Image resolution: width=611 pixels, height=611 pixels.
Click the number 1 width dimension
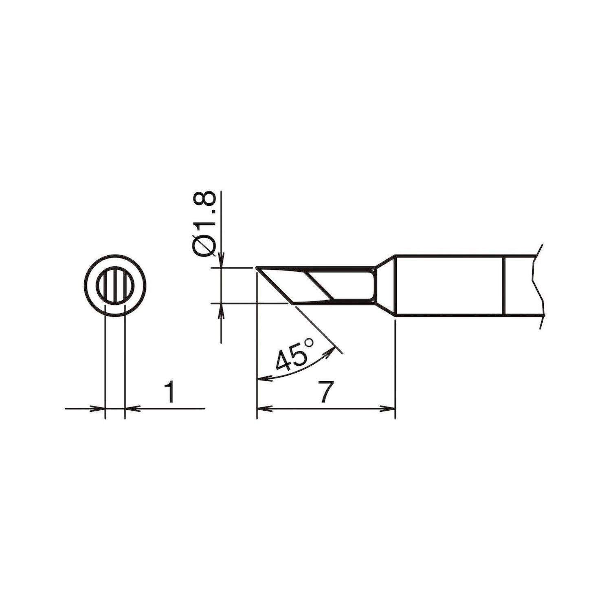pyautogui.click(x=171, y=392)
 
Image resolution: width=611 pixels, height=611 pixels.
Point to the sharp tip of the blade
pyautogui.click(x=257, y=268)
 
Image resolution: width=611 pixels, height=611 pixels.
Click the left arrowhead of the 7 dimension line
pyautogui.click(x=263, y=408)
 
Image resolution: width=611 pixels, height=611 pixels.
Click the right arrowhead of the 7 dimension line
pyautogui.click(x=389, y=408)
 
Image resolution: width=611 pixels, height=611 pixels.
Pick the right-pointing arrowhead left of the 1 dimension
pyautogui.click(x=99, y=408)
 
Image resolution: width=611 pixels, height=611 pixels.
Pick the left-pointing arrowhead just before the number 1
pyautogui.click(x=131, y=408)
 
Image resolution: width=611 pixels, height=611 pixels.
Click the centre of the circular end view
pyautogui.click(x=114, y=286)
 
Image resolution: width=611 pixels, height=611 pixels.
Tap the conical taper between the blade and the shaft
pyautogui.click(x=385, y=286)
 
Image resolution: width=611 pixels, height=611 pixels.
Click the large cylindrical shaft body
pyautogui.click(x=448, y=286)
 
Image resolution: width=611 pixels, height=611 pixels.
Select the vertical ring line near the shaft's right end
pyautogui.click(x=504, y=286)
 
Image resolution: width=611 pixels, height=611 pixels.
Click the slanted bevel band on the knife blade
pyautogui.click(x=319, y=286)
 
